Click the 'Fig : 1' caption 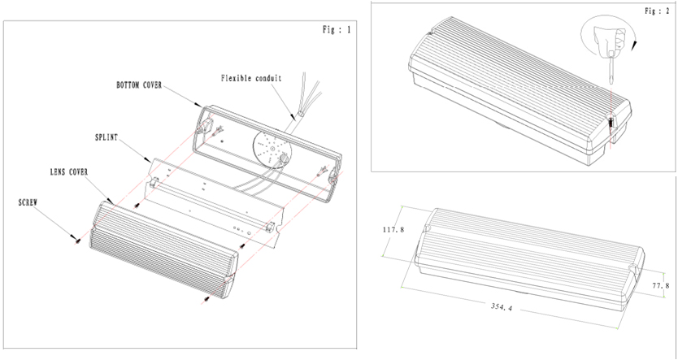coord(337,30)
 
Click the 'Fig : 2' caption coord(656,12)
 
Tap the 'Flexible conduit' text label coord(250,79)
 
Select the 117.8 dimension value coord(393,230)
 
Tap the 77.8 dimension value coord(661,286)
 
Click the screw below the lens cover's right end coord(207,299)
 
